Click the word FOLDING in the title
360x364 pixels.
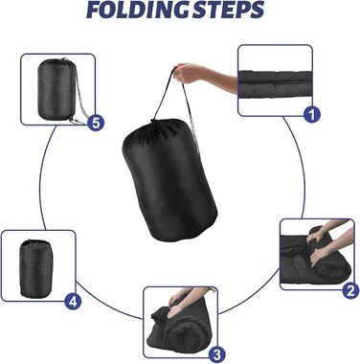tap(135, 10)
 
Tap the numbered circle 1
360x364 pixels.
tap(312, 115)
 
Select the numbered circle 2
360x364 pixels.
tap(350, 291)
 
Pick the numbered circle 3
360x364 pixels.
tap(217, 354)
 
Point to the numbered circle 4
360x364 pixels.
tap(73, 301)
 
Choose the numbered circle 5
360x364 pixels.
tap(96, 123)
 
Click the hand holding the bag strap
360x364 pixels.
tap(188, 73)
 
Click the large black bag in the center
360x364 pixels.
tap(169, 180)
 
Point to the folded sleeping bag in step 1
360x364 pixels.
tap(275, 84)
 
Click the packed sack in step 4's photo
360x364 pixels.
tap(35, 269)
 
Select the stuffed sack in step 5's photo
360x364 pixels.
tap(57, 89)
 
